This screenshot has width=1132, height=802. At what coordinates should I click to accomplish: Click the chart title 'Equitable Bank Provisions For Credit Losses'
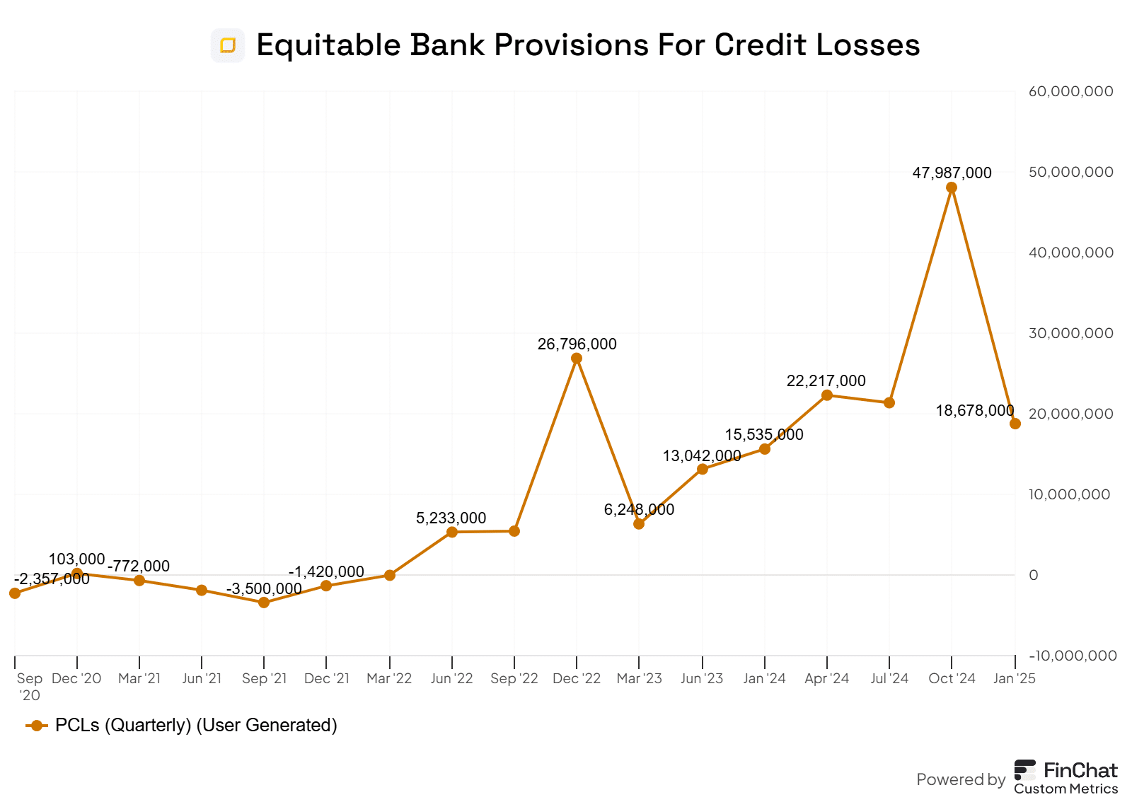click(587, 45)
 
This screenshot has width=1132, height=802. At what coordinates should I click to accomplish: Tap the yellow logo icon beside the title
click(228, 45)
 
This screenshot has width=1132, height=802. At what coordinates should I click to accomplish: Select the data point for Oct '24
click(952, 187)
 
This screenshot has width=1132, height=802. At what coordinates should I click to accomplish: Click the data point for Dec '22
click(577, 359)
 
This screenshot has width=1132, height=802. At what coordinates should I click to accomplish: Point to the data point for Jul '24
click(889, 402)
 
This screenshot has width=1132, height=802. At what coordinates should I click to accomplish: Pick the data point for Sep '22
click(514, 531)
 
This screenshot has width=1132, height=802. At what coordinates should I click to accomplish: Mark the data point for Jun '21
click(202, 590)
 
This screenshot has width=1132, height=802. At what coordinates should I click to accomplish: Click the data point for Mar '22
click(390, 575)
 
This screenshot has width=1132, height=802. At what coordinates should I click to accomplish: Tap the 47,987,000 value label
click(952, 173)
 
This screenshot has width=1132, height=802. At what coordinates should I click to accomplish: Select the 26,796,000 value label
click(577, 344)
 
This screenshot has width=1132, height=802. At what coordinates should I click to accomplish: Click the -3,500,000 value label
click(264, 588)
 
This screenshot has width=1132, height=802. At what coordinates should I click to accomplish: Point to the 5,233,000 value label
click(451, 518)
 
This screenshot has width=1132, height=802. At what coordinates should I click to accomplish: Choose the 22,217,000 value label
click(826, 381)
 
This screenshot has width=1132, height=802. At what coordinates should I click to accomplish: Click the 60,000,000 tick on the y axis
click(1070, 91)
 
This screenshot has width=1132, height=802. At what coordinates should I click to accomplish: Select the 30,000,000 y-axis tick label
click(1070, 333)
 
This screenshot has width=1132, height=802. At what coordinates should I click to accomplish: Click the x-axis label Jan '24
click(764, 678)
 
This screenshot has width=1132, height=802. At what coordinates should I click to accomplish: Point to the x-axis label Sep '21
click(264, 678)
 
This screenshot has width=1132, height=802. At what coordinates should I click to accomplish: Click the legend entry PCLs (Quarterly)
click(196, 725)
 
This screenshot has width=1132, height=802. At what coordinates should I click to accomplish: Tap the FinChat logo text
click(1080, 770)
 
